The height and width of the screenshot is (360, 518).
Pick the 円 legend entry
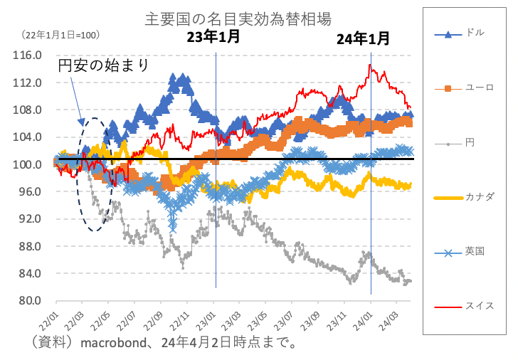click(x=470, y=143)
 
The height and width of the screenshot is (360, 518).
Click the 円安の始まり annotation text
click(x=104, y=66)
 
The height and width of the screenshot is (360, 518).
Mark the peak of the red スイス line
click(x=370, y=65)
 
